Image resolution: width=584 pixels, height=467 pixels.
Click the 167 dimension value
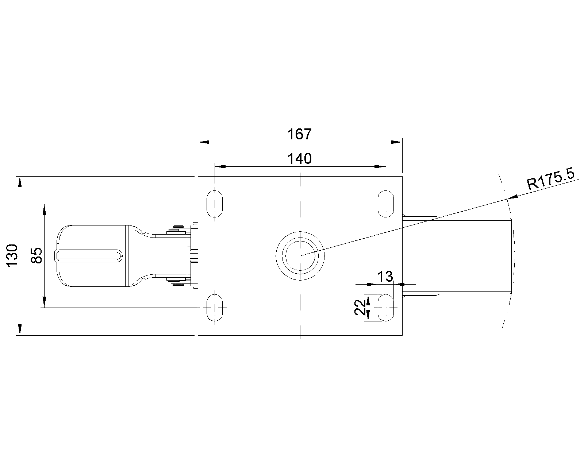[300, 134]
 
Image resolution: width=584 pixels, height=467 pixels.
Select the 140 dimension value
[300, 158]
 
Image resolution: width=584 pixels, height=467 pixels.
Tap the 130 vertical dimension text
[12, 256]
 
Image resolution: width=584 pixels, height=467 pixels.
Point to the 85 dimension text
[36, 255]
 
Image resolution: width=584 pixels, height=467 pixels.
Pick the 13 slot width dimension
[385, 277]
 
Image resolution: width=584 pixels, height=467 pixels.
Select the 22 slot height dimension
[360, 307]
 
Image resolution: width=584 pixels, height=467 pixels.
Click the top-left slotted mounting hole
[215, 204]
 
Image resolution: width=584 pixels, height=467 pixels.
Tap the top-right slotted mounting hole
[386, 204]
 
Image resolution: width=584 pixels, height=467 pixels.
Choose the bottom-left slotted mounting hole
[215, 308]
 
